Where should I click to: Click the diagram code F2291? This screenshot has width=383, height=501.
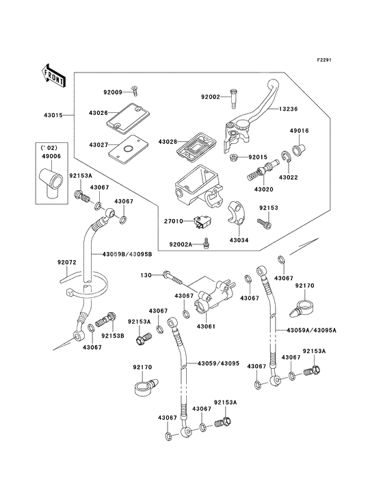(x=324, y=60)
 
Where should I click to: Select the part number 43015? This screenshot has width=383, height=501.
(x=53, y=115)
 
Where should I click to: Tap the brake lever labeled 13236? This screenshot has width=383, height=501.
(x=252, y=115)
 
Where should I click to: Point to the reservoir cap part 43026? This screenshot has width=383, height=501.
(x=129, y=116)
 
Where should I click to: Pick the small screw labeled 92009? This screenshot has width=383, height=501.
(x=134, y=91)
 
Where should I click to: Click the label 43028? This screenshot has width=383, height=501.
(x=168, y=142)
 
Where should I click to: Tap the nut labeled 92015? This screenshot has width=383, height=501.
(x=233, y=157)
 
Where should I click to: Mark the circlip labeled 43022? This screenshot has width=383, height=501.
(x=286, y=157)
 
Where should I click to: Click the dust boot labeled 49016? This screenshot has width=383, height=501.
(x=300, y=149)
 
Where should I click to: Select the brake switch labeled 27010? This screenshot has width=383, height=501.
(x=203, y=222)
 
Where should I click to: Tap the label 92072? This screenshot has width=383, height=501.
(x=67, y=262)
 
